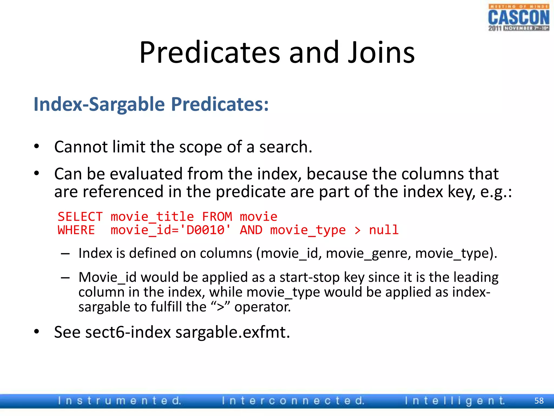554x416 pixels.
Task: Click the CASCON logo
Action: pyautogui.click(x=519, y=18)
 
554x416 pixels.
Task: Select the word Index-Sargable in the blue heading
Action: pyautogui.click(x=99, y=104)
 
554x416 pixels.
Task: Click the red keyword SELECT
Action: pyautogui.click(x=80, y=217)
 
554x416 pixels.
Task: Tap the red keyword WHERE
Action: pyautogui.click(x=76, y=230)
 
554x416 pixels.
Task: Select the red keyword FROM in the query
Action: pyautogui.click(x=217, y=217)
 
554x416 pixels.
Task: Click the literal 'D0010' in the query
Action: pyautogui.click(x=206, y=230)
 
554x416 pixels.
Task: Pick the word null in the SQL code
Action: pyautogui.click(x=384, y=230)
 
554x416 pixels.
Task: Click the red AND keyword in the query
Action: pyautogui.click(x=251, y=230)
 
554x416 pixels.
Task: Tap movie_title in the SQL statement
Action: pyautogui.click(x=152, y=217)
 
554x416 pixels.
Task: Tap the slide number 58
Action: pyautogui.click(x=539, y=401)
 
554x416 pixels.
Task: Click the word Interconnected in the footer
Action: pyautogui.click(x=293, y=401)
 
